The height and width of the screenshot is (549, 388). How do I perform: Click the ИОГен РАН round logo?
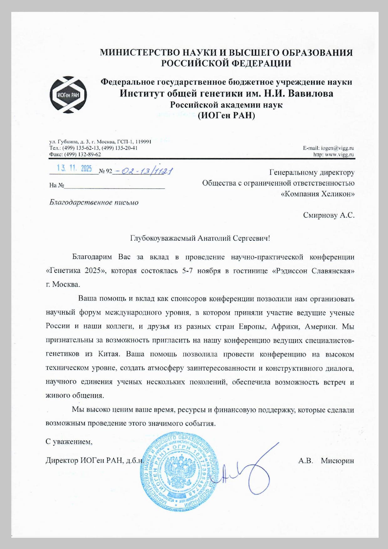coord(68,95)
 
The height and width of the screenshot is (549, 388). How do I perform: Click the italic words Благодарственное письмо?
coord(94,203)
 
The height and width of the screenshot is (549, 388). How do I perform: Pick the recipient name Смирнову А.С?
coord(329,215)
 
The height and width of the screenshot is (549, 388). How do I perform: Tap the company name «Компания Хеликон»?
coord(318,194)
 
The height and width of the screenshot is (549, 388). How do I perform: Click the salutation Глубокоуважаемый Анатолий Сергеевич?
coord(200,238)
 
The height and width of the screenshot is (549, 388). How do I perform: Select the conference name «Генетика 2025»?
coord(76,271)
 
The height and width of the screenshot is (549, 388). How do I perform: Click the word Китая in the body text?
coord(109,354)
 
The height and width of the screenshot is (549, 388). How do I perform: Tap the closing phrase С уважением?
coord(69,442)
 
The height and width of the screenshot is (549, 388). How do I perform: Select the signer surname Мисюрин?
coord(337,460)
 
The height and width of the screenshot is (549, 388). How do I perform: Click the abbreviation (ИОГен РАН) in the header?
coord(226,115)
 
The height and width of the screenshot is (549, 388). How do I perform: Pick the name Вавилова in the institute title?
coord(310,93)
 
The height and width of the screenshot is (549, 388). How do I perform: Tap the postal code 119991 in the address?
coord(143,141)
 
